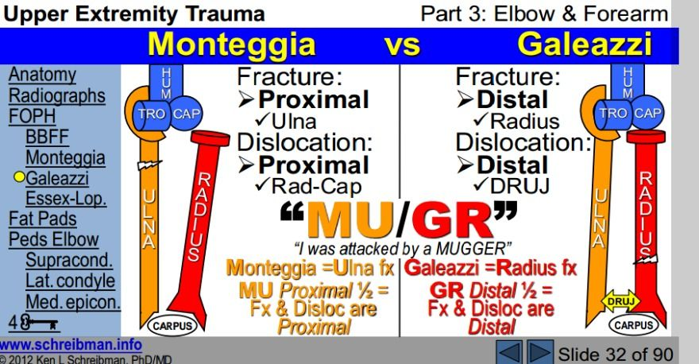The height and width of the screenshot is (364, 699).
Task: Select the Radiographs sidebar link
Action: pyautogui.click(x=56, y=95)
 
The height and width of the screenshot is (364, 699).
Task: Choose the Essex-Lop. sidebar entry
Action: pyautogui.click(x=66, y=197)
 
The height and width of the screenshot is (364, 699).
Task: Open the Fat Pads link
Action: pyautogui.click(x=42, y=219)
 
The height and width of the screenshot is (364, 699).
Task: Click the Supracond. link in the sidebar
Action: pyautogui.click(x=70, y=259)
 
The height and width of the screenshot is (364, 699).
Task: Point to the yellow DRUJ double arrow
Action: pyautogui.click(x=618, y=302)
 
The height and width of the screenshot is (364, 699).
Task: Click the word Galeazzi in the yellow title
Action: pyautogui.click(x=584, y=44)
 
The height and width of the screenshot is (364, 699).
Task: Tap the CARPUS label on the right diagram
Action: pyautogui.click(x=633, y=325)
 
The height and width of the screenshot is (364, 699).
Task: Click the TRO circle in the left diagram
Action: pyautogui.click(x=155, y=113)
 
